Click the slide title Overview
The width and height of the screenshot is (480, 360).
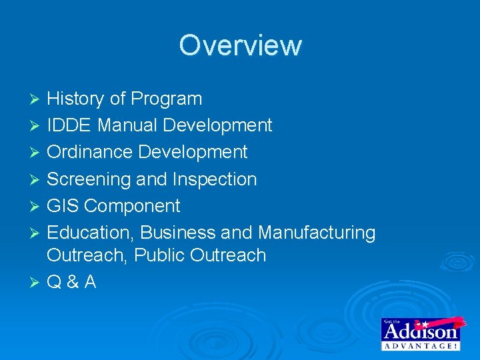[x=240, y=45]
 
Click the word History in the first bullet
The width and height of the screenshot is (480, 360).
[x=76, y=99]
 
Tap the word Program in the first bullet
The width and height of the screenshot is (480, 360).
[x=166, y=99]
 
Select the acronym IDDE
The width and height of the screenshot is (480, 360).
[x=69, y=125]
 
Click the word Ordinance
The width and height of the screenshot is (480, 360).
[x=90, y=152]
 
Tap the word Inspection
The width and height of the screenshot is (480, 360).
[x=214, y=179]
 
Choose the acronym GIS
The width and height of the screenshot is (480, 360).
[x=63, y=206]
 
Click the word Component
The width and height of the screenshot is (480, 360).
[x=132, y=206]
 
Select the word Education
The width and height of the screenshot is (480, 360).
[x=91, y=233]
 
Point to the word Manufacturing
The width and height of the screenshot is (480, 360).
[x=317, y=233]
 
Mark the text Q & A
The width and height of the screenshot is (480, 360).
[x=72, y=282]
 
